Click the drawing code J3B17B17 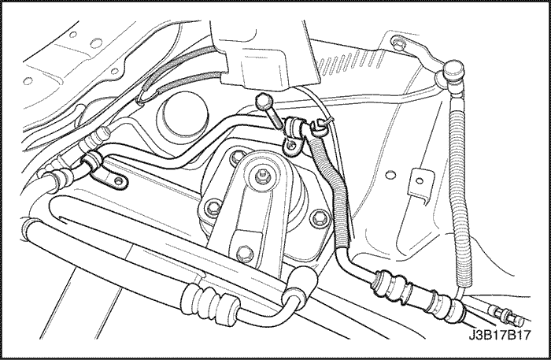tap(499, 335)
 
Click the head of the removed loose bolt tap(263, 102)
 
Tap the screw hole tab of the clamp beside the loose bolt tap(292, 146)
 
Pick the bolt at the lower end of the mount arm tap(245, 253)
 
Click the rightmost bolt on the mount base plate tap(320, 217)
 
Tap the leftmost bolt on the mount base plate tap(213, 208)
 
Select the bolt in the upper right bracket tap(398, 43)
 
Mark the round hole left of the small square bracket tap(390, 174)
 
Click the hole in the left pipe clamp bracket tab tap(119, 181)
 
